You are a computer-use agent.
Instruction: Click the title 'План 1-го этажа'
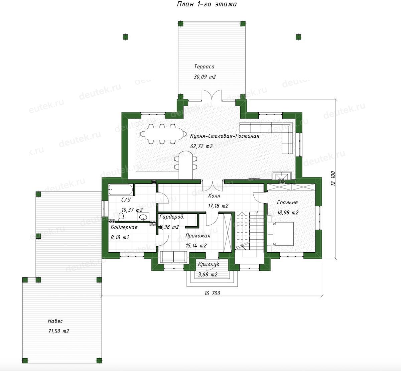tap(207, 4)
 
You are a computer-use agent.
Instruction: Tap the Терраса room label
tap(204, 67)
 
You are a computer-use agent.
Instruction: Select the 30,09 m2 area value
tap(205, 77)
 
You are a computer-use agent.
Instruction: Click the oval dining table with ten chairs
tap(163, 134)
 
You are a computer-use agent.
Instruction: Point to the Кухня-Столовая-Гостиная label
tap(225, 136)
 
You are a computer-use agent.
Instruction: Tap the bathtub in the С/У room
tap(121, 190)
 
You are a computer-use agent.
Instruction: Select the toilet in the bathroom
tap(121, 216)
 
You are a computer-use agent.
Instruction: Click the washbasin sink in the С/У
tap(143, 217)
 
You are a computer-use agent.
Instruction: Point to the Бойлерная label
tap(124, 227)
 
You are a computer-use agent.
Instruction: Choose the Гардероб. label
tap(172, 217)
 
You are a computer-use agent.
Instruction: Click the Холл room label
tap(214, 196)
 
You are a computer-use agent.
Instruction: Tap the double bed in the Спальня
tap(281, 234)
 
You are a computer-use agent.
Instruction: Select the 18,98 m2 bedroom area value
tap(288, 213)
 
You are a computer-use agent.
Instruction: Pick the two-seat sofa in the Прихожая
tap(174, 257)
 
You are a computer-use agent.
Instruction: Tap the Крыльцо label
tap(209, 264)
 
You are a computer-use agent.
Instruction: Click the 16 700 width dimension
tap(212, 293)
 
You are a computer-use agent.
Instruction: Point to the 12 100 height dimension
tap(333, 178)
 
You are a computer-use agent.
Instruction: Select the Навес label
tap(55, 321)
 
